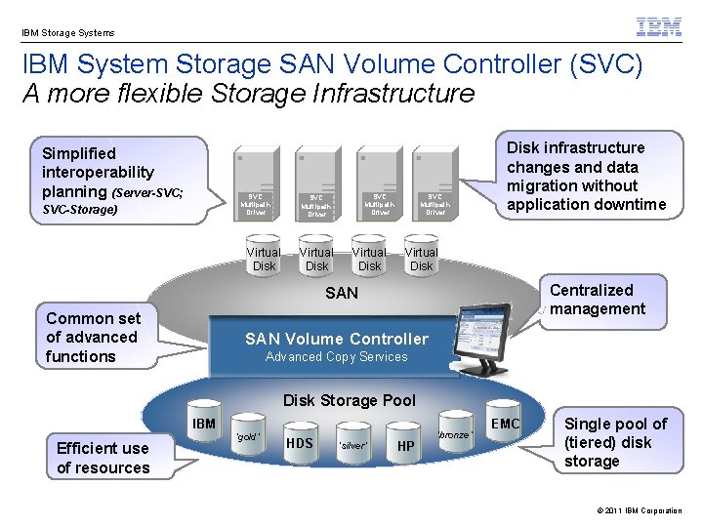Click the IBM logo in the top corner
click(659, 27)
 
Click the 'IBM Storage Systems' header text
click(68, 32)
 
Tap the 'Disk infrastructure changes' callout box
click(586, 177)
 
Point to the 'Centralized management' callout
click(598, 300)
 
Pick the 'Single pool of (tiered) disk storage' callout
click(616, 442)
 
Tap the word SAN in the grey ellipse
click(342, 293)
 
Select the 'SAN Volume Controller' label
click(337, 339)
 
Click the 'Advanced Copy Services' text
click(337, 357)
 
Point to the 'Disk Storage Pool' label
click(349, 400)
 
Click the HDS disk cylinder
click(300, 445)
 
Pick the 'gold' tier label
click(249, 437)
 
